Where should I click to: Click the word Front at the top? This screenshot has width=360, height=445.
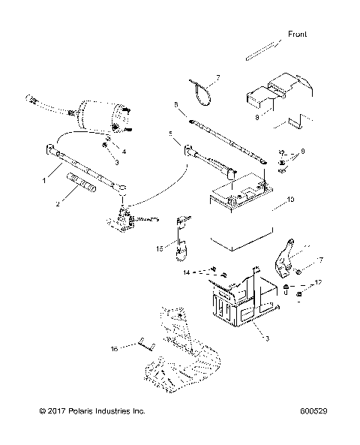click(x=297, y=35)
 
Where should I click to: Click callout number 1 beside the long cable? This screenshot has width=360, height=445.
click(x=44, y=180)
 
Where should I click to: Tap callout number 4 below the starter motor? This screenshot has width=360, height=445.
click(x=124, y=152)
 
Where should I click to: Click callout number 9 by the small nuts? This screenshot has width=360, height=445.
click(x=302, y=152)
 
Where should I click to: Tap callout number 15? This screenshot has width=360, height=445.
click(x=158, y=246)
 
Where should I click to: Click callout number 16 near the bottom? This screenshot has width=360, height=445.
click(x=115, y=349)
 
